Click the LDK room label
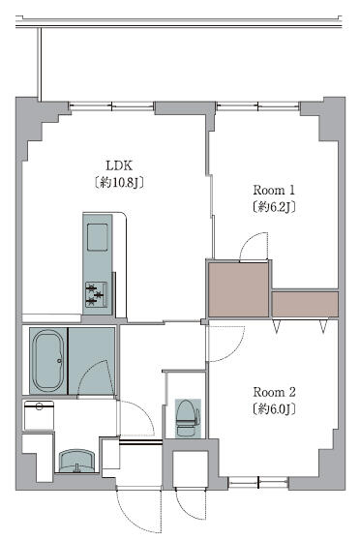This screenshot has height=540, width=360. click(x=119, y=165)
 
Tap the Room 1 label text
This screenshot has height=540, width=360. click(x=274, y=190)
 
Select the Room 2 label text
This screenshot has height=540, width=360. click(x=274, y=392)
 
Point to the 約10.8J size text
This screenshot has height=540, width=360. click(x=119, y=182)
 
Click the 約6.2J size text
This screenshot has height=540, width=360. click(x=274, y=207)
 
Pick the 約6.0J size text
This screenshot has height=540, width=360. click(x=274, y=408)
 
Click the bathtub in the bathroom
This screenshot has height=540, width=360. click(x=47, y=361)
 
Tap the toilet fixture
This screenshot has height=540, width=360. click(x=188, y=418)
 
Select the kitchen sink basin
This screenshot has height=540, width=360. click(x=98, y=237)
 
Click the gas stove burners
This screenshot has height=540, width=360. click(x=96, y=294)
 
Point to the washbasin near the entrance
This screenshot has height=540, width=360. click(x=76, y=461)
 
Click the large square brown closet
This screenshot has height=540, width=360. click(x=238, y=289)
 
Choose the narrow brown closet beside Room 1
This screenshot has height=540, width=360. click(x=305, y=304)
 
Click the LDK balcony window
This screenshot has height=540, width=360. click(x=111, y=105)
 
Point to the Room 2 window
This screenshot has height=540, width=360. click(x=258, y=483)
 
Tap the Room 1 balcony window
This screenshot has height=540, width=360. click(x=257, y=105)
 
